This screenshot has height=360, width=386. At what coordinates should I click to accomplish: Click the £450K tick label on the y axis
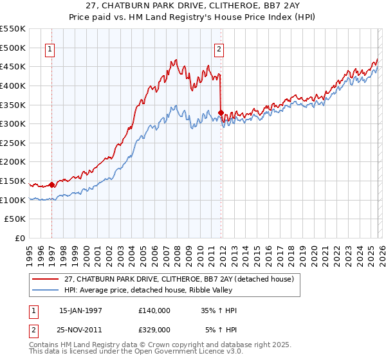coord(13,66)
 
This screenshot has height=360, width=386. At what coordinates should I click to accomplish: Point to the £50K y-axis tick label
coord(15,219)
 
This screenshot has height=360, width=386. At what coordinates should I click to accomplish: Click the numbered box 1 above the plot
coord(51,48)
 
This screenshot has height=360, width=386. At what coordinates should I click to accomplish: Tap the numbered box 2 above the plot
coord(219,48)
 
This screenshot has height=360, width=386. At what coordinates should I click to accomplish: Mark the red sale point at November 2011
coord(221,113)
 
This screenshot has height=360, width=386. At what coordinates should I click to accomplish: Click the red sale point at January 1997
coord(51,184)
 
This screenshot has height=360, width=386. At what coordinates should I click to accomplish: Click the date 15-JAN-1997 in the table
coord(80,310)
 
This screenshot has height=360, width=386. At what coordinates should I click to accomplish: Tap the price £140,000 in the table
coord(154,310)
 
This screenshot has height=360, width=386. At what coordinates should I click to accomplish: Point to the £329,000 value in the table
coord(154,330)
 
